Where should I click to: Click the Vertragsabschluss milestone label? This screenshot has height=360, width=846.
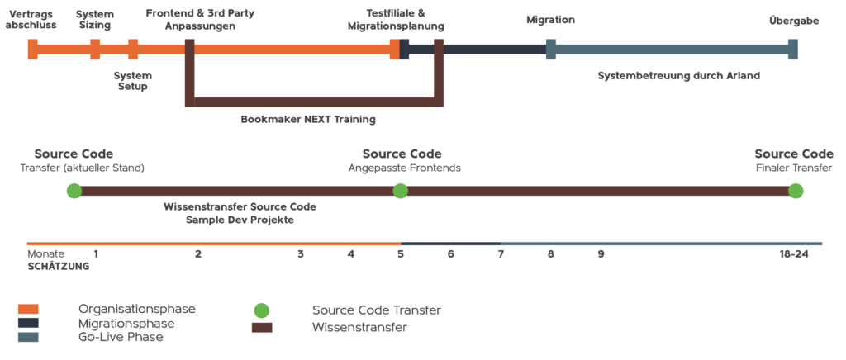click(x=31, y=19)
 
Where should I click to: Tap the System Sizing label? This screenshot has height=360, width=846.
click(x=95, y=19)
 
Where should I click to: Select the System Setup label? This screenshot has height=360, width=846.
click(x=133, y=81)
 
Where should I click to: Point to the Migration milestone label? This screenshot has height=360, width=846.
click(x=551, y=20)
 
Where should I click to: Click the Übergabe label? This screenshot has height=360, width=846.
click(x=794, y=21)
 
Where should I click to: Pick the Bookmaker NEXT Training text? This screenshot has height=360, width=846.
click(x=308, y=120)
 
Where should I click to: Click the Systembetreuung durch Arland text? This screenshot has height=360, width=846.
click(x=679, y=76)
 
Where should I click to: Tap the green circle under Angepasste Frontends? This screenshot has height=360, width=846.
click(x=400, y=191)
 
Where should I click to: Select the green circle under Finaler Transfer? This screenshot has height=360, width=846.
click(x=796, y=191)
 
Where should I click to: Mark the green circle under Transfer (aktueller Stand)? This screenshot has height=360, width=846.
click(x=74, y=191)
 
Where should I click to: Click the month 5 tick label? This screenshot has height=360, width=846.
click(x=401, y=254)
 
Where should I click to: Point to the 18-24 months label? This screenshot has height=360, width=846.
click(x=794, y=254)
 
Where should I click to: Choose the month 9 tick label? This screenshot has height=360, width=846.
click(x=601, y=254)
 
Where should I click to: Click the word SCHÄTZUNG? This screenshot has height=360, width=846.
click(x=59, y=266)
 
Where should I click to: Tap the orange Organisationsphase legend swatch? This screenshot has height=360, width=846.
click(x=28, y=309)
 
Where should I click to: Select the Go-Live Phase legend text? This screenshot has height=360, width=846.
click(x=121, y=338)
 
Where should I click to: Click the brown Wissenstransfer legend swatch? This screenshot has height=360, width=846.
click(x=262, y=327)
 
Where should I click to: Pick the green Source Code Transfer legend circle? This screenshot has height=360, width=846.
click(x=262, y=310)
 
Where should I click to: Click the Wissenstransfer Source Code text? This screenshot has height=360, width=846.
click(x=240, y=207)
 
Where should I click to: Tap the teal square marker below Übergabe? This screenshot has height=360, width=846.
click(x=792, y=49)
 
